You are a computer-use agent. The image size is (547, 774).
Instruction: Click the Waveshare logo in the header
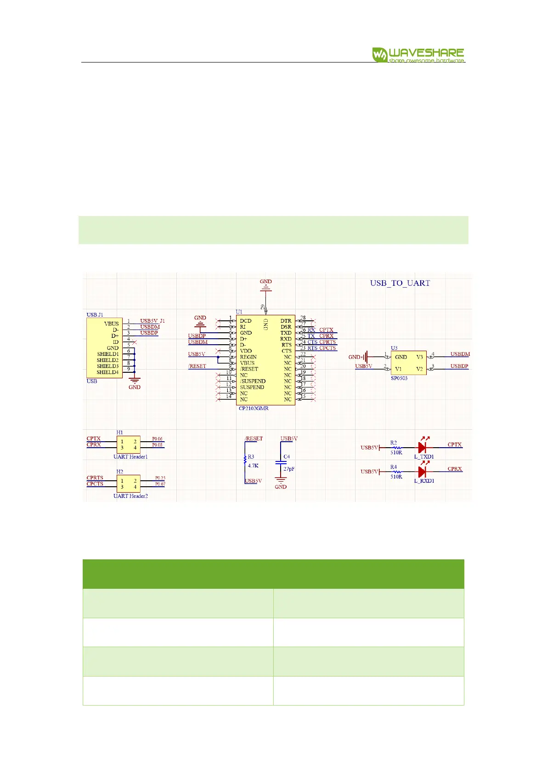(418, 55)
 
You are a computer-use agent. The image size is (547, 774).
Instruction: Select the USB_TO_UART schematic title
(400, 283)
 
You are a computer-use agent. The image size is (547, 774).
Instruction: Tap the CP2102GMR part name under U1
(254, 408)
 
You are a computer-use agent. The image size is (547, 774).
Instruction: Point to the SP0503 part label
(399, 378)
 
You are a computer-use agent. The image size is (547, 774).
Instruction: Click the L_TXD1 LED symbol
(423, 447)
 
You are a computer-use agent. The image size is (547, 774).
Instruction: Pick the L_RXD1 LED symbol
(423, 471)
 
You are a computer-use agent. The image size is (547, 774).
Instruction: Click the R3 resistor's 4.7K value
(253, 465)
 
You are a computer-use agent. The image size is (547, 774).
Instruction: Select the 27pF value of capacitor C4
(289, 469)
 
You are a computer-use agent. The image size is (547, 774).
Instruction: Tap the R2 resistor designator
(394, 443)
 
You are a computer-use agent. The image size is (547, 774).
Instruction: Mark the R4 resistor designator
(394, 467)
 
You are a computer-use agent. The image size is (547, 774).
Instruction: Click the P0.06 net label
(158, 439)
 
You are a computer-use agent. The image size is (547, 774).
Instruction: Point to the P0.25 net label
(160, 478)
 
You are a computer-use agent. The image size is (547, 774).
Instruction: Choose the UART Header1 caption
(130, 456)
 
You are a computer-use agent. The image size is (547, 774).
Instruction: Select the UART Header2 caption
(130, 496)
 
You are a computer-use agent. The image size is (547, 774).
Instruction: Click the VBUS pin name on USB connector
(111, 324)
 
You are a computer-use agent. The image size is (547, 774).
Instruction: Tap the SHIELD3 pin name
(107, 366)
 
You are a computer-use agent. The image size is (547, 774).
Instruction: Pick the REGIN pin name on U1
(248, 357)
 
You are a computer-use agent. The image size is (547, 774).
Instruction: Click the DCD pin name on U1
(245, 321)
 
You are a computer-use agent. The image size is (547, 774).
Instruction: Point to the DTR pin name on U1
(286, 321)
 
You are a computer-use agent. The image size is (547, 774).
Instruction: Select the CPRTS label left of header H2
(95, 478)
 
